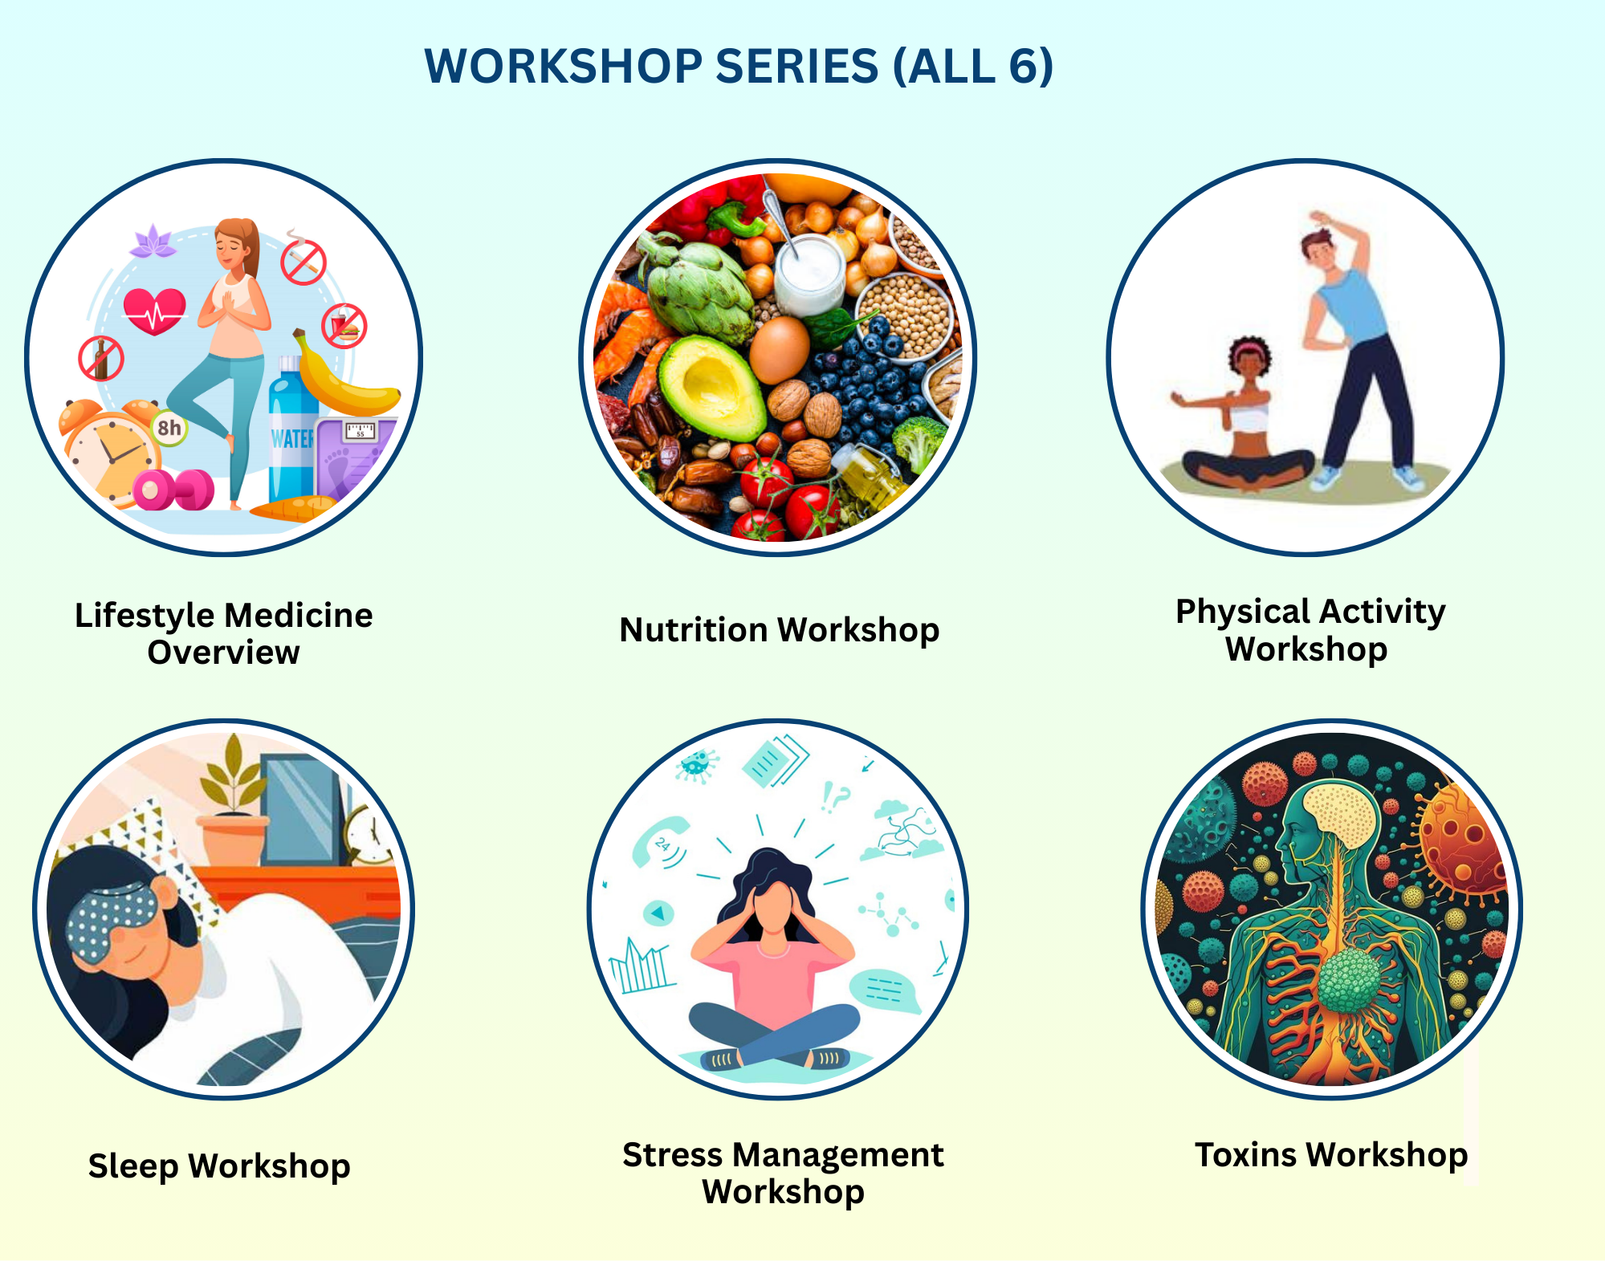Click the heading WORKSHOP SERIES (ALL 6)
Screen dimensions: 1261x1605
tap(738, 66)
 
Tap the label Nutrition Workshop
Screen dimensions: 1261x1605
tap(779, 630)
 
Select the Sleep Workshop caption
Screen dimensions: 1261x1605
tap(219, 1166)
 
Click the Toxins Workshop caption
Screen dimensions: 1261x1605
tap(1330, 1155)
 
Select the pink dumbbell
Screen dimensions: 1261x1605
tap(172, 490)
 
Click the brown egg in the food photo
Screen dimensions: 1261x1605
tap(778, 349)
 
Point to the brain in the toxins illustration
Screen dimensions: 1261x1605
tap(1339, 815)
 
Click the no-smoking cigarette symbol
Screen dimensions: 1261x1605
tap(303, 262)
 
